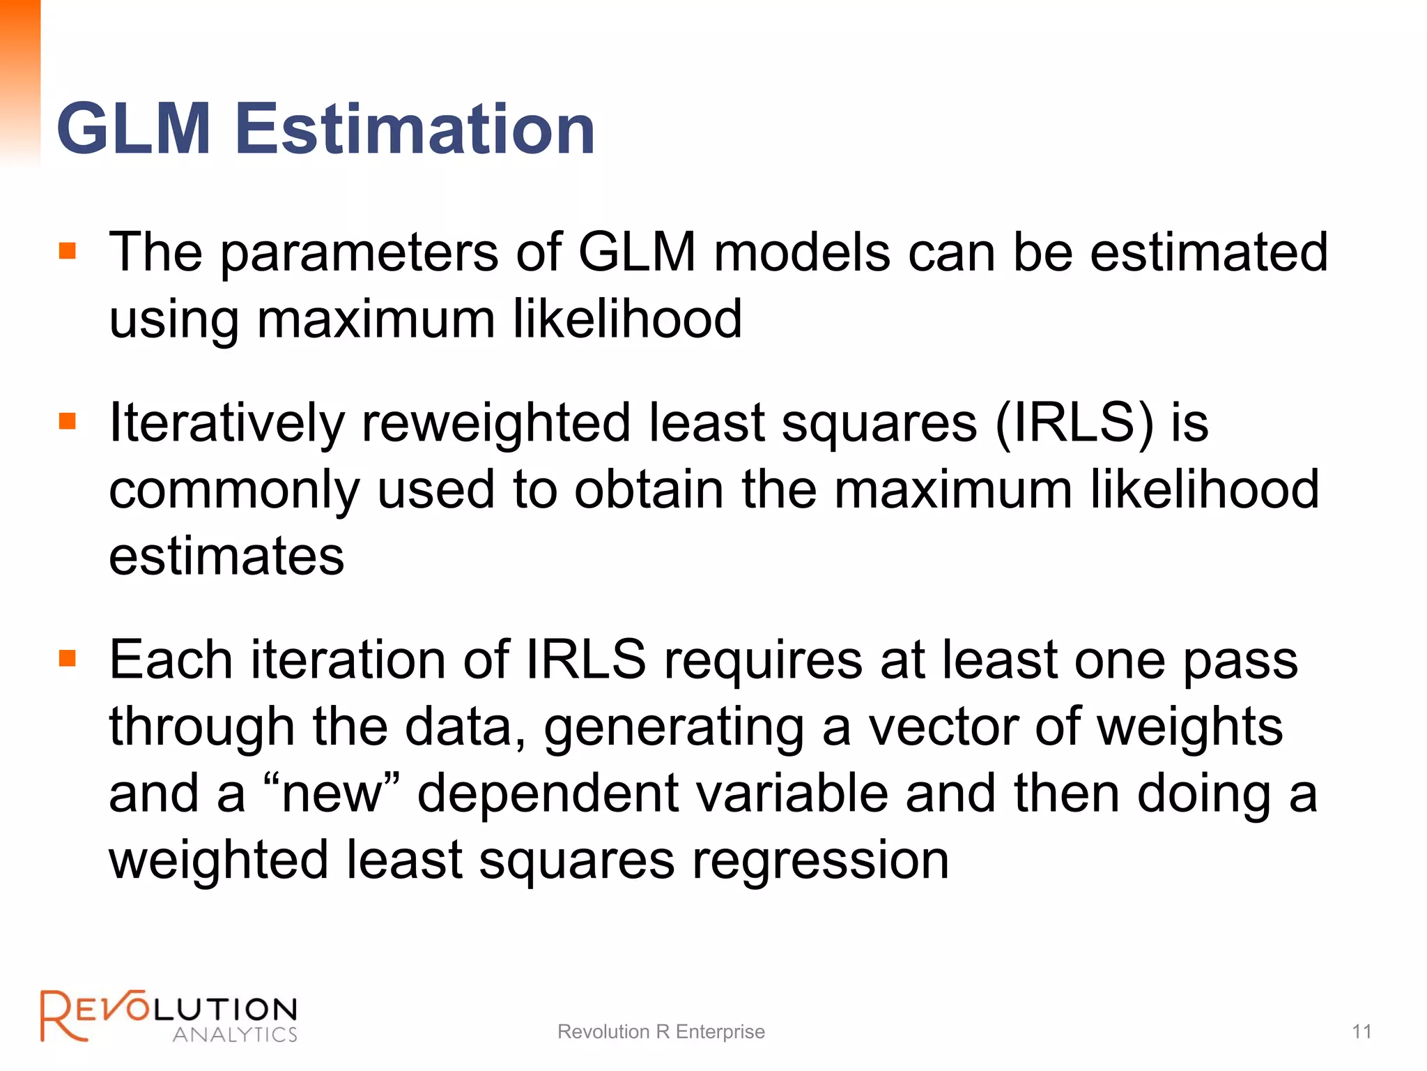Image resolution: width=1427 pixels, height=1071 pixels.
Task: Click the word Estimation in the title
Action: click(415, 129)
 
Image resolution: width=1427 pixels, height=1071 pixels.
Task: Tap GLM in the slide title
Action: click(134, 129)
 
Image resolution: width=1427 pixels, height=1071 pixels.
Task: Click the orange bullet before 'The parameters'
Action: click(68, 250)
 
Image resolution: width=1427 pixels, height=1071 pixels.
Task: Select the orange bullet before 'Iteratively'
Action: click(68, 421)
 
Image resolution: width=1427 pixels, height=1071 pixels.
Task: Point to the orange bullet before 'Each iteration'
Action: click(68, 658)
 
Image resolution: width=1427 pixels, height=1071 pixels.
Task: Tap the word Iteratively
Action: click(227, 424)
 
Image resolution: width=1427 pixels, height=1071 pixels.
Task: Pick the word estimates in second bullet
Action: click(226, 556)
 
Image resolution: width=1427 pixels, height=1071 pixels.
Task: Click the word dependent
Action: click(548, 795)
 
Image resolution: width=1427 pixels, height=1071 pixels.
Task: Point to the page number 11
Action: click(1362, 1031)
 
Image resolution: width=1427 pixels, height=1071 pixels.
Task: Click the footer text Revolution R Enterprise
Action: click(661, 1031)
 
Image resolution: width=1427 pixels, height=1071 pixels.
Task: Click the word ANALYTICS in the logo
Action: click(235, 1034)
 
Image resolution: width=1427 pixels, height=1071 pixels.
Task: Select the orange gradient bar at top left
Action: click(20, 80)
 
